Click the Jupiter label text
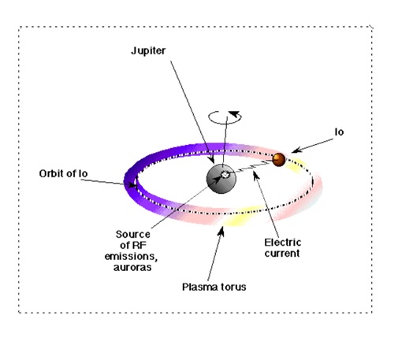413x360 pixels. tap(148, 51)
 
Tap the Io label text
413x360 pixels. tap(339, 132)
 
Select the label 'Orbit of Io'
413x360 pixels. tap(63, 173)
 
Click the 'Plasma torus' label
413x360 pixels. tap(214, 287)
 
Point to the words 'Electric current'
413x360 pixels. tap(282, 248)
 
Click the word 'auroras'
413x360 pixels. tap(132, 267)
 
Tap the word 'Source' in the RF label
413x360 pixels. tap(132, 234)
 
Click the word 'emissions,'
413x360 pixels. tap(131, 257)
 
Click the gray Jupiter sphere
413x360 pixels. tap(221, 179)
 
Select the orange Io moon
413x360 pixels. tap(279, 160)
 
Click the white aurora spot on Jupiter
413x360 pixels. tap(225, 174)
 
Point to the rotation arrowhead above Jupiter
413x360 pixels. tap(234, 114)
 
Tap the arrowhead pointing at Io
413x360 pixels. tap(296, 150)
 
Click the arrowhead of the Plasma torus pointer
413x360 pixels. tap(221, 231)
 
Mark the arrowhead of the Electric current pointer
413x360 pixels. tap(256, 176)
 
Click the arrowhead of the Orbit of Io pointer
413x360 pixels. tap(132, 185)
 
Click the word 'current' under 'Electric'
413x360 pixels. tap(282, 254)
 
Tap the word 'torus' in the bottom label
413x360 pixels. tap(233, 287)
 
